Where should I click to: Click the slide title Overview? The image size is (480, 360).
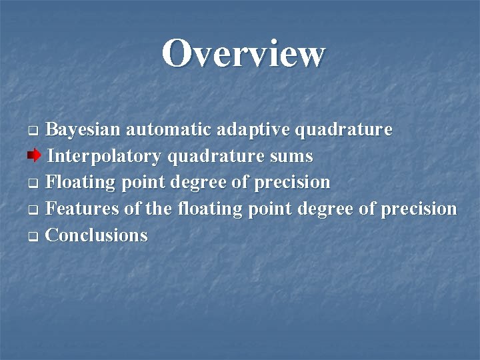click(243, 53)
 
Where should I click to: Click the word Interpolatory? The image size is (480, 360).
click(105, 157)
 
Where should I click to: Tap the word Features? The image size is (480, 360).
click(83, 209)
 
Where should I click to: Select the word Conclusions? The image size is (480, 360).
click(97, 235)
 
